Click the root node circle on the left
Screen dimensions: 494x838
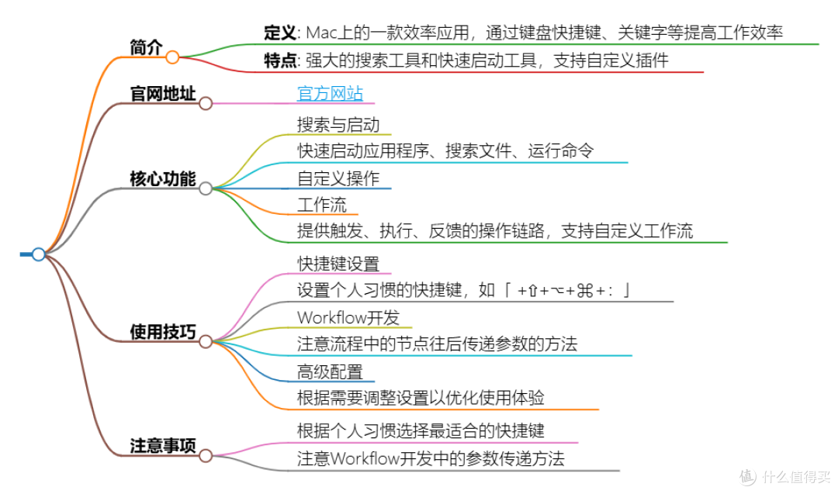tap(38, 254)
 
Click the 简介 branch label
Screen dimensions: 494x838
tap(146, 47)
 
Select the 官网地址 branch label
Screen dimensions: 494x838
tap(162, 94)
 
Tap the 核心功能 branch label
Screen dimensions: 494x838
tap(162, 178)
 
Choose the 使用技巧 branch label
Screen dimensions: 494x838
tap(162, 332)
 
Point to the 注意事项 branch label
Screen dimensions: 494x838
tap(162, 447)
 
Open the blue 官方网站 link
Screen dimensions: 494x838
tap(330, 94)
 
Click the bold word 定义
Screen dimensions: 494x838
tap(280, 33)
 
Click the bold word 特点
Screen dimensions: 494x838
tap(280, 61)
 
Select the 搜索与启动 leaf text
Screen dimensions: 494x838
tap(338, 124)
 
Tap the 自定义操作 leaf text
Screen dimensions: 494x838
tap(338, 178)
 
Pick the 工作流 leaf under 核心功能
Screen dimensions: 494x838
tap(321, 206)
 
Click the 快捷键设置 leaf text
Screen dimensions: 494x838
tap(338, 264)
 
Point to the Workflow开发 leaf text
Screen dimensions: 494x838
tap(348, 317)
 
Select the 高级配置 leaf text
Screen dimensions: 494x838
tap(329, 371)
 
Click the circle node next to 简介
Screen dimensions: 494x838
tap(172, 57)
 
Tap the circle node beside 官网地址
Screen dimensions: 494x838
tap(206, 103)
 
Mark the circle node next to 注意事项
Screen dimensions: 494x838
tap(206, 456)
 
